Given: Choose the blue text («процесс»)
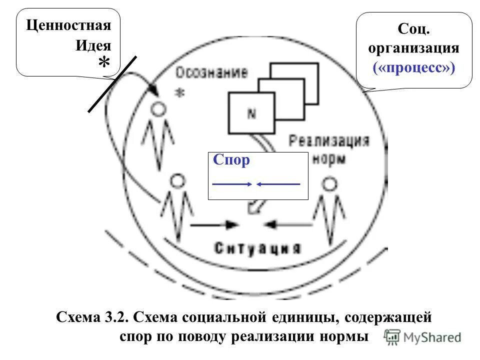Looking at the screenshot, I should coord(413,68).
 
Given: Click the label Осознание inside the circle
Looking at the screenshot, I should coord(211,73).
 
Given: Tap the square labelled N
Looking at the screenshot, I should coord(251,113).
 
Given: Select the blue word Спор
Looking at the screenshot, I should coord(231,160).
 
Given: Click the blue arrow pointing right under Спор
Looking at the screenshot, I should coord(232,184).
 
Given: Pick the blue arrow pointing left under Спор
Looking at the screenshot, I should coord(278,184).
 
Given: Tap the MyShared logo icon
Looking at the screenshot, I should coord(391,337).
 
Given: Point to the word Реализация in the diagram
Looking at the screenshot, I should coord(329,140).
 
